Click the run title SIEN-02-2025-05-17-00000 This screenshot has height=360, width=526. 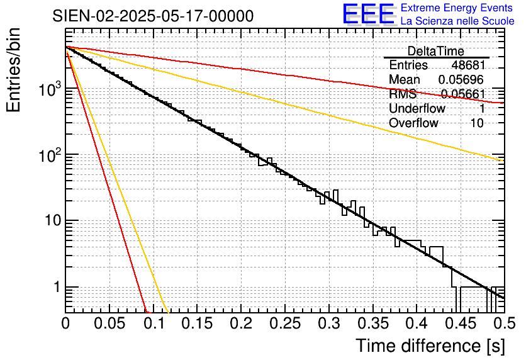(153, 16)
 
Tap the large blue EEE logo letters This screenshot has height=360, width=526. (368, 14)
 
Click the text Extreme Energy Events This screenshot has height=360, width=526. (457, 8)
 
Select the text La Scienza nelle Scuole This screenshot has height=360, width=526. (457, 21)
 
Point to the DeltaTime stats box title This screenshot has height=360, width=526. (435, 51)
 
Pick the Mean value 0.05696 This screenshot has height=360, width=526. (461, 80)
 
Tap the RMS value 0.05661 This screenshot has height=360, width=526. (462, 94)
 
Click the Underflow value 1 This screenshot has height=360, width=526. (481, 109)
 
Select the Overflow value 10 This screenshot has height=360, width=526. (478, 123)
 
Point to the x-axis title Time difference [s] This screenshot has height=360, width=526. (429, 346)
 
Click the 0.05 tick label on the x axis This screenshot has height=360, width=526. (109, 324)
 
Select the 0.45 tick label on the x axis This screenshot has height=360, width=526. (460, 324)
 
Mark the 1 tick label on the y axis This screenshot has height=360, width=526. (56, 287)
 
